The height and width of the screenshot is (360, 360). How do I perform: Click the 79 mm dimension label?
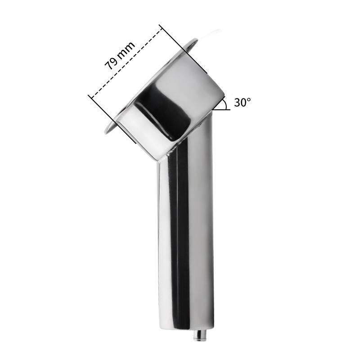tap(120, 55)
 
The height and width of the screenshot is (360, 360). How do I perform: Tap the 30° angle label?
tap(242, 102)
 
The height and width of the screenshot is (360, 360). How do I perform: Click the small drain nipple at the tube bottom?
tap(198, 335)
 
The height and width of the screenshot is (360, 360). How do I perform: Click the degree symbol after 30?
tap(248, 99)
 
